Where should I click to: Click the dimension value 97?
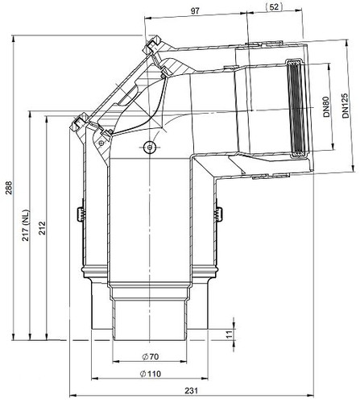tap(195, 11)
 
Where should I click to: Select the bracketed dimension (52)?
tap(274, 7)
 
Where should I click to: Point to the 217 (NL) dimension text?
tap(26, 225)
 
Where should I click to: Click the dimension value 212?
tap(43, 228)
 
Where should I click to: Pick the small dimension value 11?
tap(229, 334)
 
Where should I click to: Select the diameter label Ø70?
tap(150, 356)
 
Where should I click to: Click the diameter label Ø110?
tap(150, 374)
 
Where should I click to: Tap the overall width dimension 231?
tap(192, 390)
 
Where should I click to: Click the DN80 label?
tap(326, 106)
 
